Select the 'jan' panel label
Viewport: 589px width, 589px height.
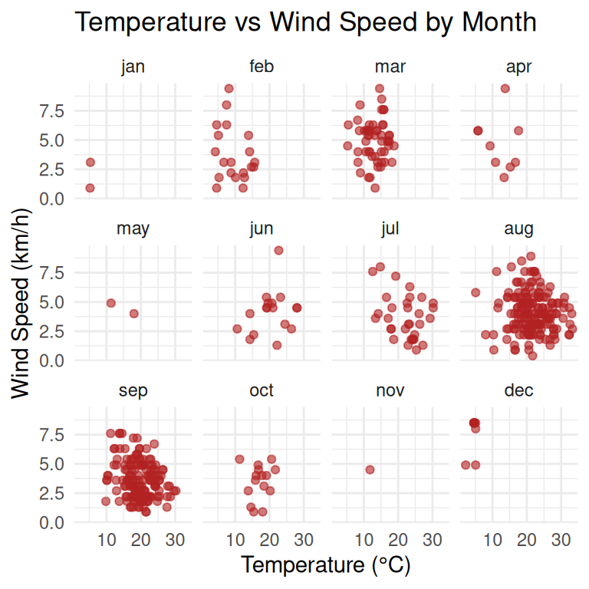click(x=133, y=67)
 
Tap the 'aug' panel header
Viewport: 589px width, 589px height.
click(x=518, y=229)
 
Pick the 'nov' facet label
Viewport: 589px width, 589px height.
click(x=390, y=390)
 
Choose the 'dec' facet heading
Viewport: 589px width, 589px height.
click(x=518, y=390)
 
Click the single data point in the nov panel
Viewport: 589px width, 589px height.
click(x=370, y=469)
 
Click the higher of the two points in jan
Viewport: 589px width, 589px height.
click(x=90, y=162)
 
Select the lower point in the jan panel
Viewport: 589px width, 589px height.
click(x=90, y=188)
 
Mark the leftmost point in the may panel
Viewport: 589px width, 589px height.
click(x=110, y=303)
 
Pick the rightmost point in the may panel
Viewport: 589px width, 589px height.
click(x=134, y=314)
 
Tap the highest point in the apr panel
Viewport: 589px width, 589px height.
click(x=505, y=88)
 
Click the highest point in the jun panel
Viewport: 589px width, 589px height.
click(x=278, y=250)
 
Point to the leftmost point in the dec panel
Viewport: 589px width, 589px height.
click(x=465, y=465)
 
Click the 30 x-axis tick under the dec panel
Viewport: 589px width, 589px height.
click(x=561, y=540)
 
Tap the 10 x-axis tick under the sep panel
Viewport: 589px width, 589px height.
click(x=107, y=540)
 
